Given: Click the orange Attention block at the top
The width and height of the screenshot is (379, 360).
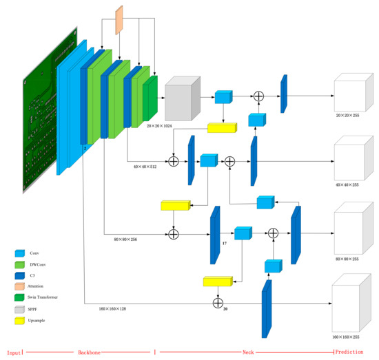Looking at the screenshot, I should [119, 19].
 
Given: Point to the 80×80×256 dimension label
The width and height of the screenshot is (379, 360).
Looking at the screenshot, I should [130, 239].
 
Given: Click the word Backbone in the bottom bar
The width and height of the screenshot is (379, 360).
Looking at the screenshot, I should [89, 352].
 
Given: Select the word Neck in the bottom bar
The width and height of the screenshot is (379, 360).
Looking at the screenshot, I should [247, 352].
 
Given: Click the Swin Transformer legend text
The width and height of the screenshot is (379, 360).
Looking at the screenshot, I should [62, 297].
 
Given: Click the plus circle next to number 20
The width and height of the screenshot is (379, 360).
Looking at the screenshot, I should [218, 302].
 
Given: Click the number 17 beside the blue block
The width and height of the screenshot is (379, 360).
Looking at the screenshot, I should [224, 243].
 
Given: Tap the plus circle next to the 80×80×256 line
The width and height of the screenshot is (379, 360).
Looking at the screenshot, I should [174, 235].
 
